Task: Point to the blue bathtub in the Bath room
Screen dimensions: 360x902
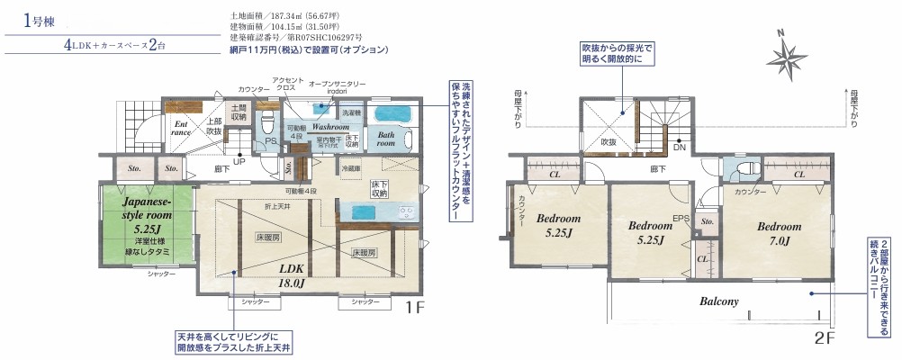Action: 392,115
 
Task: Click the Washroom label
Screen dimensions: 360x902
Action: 330,128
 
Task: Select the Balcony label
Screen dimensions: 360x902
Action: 718,301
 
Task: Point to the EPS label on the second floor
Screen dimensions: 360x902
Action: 681,218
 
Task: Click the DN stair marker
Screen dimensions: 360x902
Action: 680,147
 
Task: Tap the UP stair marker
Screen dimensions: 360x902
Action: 239,162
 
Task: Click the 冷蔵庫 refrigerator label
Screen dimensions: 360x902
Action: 351,168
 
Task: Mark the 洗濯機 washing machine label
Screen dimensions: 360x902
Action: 351,113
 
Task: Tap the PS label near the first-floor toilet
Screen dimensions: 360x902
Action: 269,142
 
